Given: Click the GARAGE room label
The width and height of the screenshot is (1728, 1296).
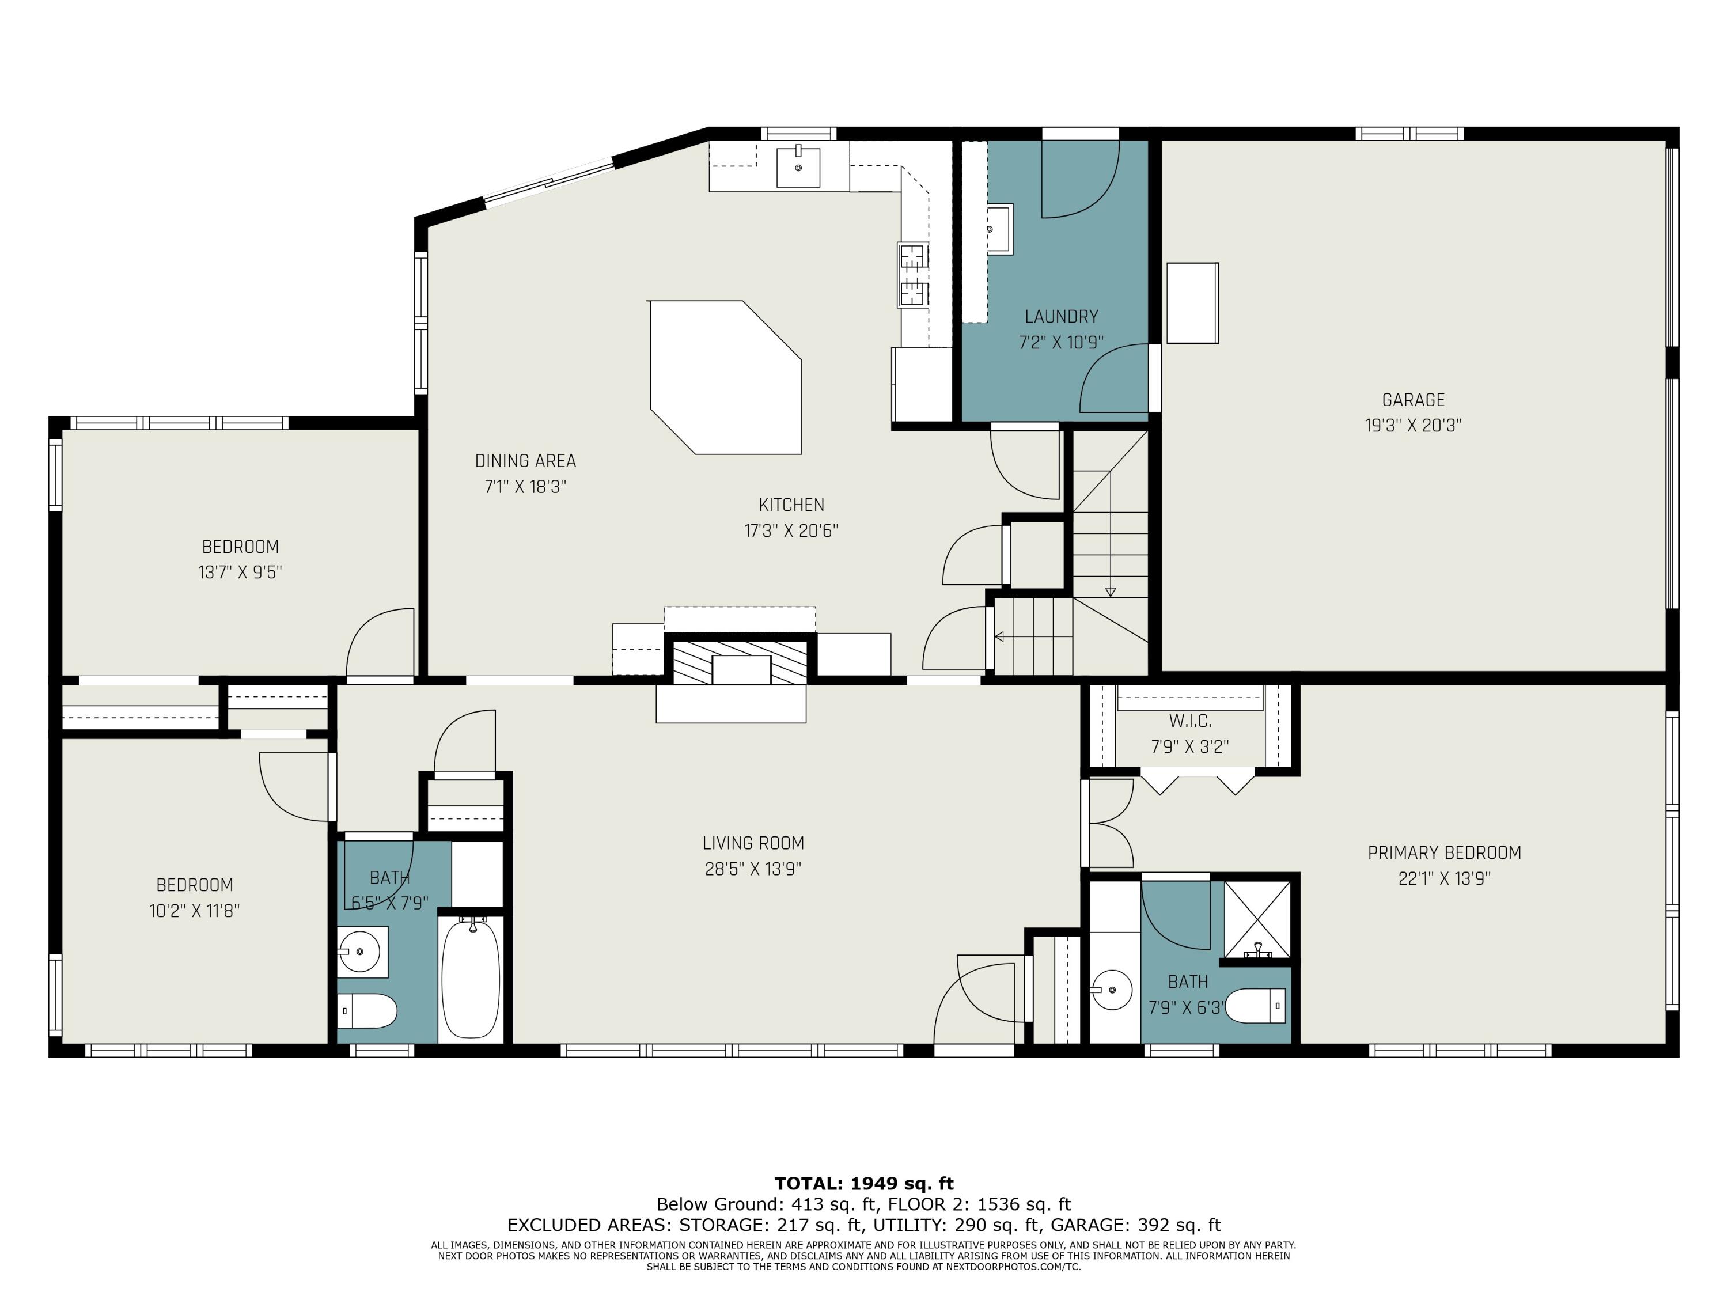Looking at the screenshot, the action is pyautogui.click(x=1413, y=400).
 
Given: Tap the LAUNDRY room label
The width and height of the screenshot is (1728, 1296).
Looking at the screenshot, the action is pyautogui.click(x=1061, y=316).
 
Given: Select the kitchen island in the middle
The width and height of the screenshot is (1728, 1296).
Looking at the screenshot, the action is pyautogui.click(x=726, y=377).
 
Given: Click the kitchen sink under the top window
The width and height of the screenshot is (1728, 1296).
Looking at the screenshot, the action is pyautogui.click(x=798, y=166).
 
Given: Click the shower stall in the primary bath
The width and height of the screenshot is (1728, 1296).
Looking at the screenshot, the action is pyautogui.click(x=1257, y=919).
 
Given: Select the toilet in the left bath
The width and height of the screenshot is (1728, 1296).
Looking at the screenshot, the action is pyautogui.click(x=367, y=1011).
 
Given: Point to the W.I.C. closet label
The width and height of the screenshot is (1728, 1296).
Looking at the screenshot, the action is pyautogui.click(x=1190, y=721).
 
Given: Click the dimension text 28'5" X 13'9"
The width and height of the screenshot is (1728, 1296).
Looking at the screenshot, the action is pyautogui.click(x=753, y=869).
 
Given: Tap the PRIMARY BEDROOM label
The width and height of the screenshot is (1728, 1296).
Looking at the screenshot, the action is pyautogui.click(x=1445, y=853).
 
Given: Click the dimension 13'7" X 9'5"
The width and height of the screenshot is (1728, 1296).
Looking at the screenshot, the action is pyautogui.click(x=240, y=573).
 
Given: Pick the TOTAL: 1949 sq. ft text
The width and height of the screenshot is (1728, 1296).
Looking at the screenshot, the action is pyautogui.click(x=864, y=1184).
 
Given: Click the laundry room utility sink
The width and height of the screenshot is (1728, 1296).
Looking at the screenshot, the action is pyautogui.click(x=999, y=229).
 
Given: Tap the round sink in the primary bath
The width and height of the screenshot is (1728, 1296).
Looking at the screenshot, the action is pyautogui.click(x=1112, y=991).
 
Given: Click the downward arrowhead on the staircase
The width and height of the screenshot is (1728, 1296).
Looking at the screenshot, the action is pyautogui.click(x=1110, y=592).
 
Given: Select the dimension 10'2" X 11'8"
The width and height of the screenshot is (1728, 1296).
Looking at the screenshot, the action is pyautogui.click(x=195, y=911).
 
